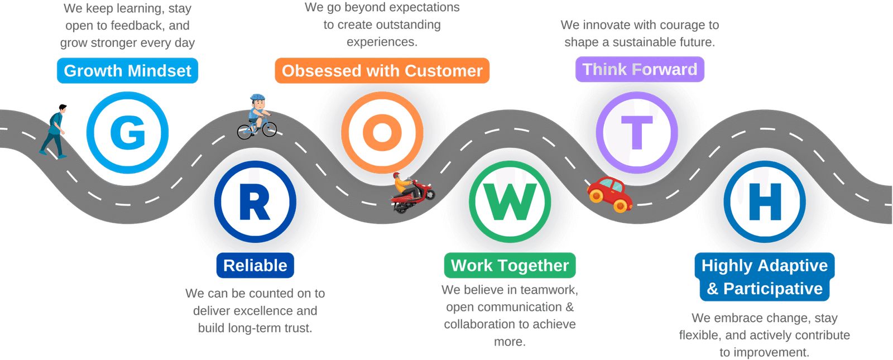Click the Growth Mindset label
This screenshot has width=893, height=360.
coord(127,71)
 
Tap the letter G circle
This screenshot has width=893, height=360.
coord(127,133)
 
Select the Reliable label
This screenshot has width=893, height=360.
coord(255,266)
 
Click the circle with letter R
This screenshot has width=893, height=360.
coord(255,201)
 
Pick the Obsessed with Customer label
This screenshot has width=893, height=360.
coord(382,71)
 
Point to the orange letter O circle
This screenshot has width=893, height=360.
coord(382,133)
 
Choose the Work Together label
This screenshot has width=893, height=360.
coord(510,266)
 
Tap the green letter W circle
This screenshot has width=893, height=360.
coord(510,201)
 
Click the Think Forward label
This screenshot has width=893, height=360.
coord(640,70)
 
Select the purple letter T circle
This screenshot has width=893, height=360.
coord(637,133)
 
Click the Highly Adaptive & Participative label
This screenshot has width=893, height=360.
coord(764,277)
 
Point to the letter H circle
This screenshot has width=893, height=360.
coord(765,201)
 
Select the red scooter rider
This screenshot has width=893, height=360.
coord(412,193)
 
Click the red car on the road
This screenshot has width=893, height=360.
coord(609,194)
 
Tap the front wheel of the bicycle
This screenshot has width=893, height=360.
coord(270,130)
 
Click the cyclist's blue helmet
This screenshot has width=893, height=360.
coord(258,98)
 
